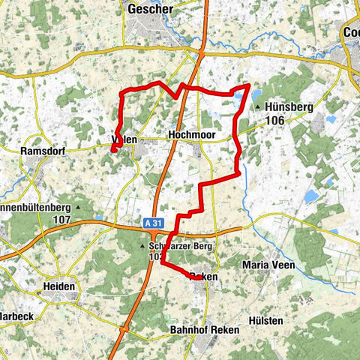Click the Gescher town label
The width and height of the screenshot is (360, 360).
[150, 9]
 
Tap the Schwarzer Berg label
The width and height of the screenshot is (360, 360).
[181, 246]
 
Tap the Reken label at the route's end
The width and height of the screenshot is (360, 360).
[204, 277]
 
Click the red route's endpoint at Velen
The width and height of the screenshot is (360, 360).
[113, 150]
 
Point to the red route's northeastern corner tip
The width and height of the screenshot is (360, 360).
[249, 86]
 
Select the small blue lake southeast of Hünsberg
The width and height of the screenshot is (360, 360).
[311, 196]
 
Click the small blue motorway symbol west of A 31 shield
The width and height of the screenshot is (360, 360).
[99, 219]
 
